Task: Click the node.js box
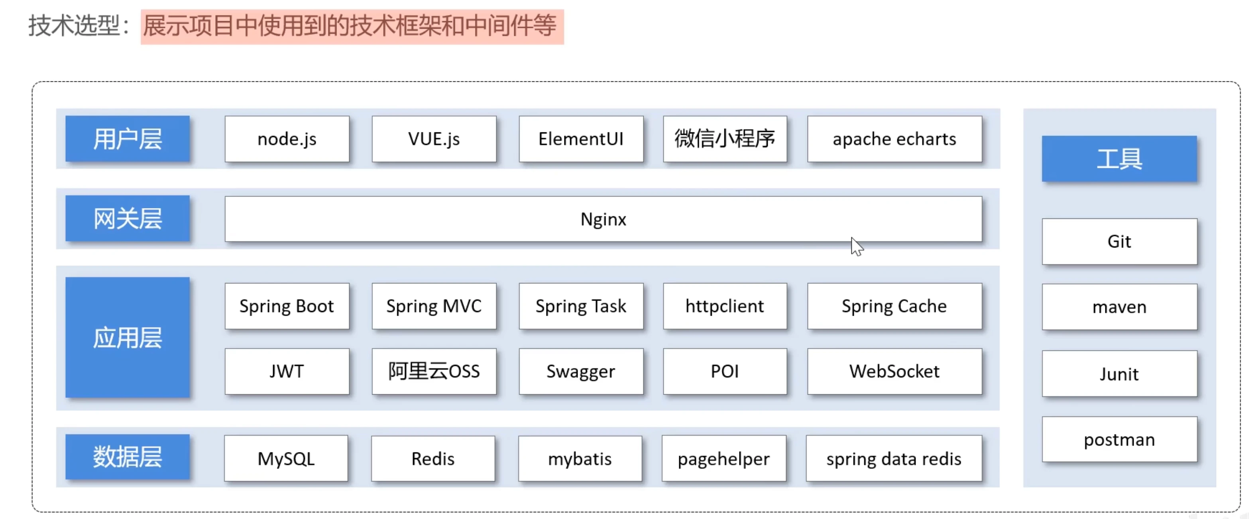click(x=287, y=139)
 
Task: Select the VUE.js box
click(x=434, y=139)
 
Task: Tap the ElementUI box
click(x=581, y=139)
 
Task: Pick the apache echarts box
click(x=894, y=139)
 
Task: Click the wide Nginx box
click(x=603, y=219)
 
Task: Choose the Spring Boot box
click(x=287, y=306)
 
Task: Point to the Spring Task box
click(x=581, y=306)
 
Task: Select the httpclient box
click(x=725, y=306)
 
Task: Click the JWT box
click(x=287, y=372)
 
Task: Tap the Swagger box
click(x=581, y=372)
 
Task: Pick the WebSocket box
click(x=894, y=372)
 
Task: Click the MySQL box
click(x=286, y=459)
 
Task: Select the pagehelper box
click(x=724, y=459)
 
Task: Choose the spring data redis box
click(x=894, y=459)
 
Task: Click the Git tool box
click(x=1119, y=242)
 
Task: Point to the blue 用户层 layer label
click(x=128, y=139)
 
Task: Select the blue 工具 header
click(x=1119, y=159)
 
